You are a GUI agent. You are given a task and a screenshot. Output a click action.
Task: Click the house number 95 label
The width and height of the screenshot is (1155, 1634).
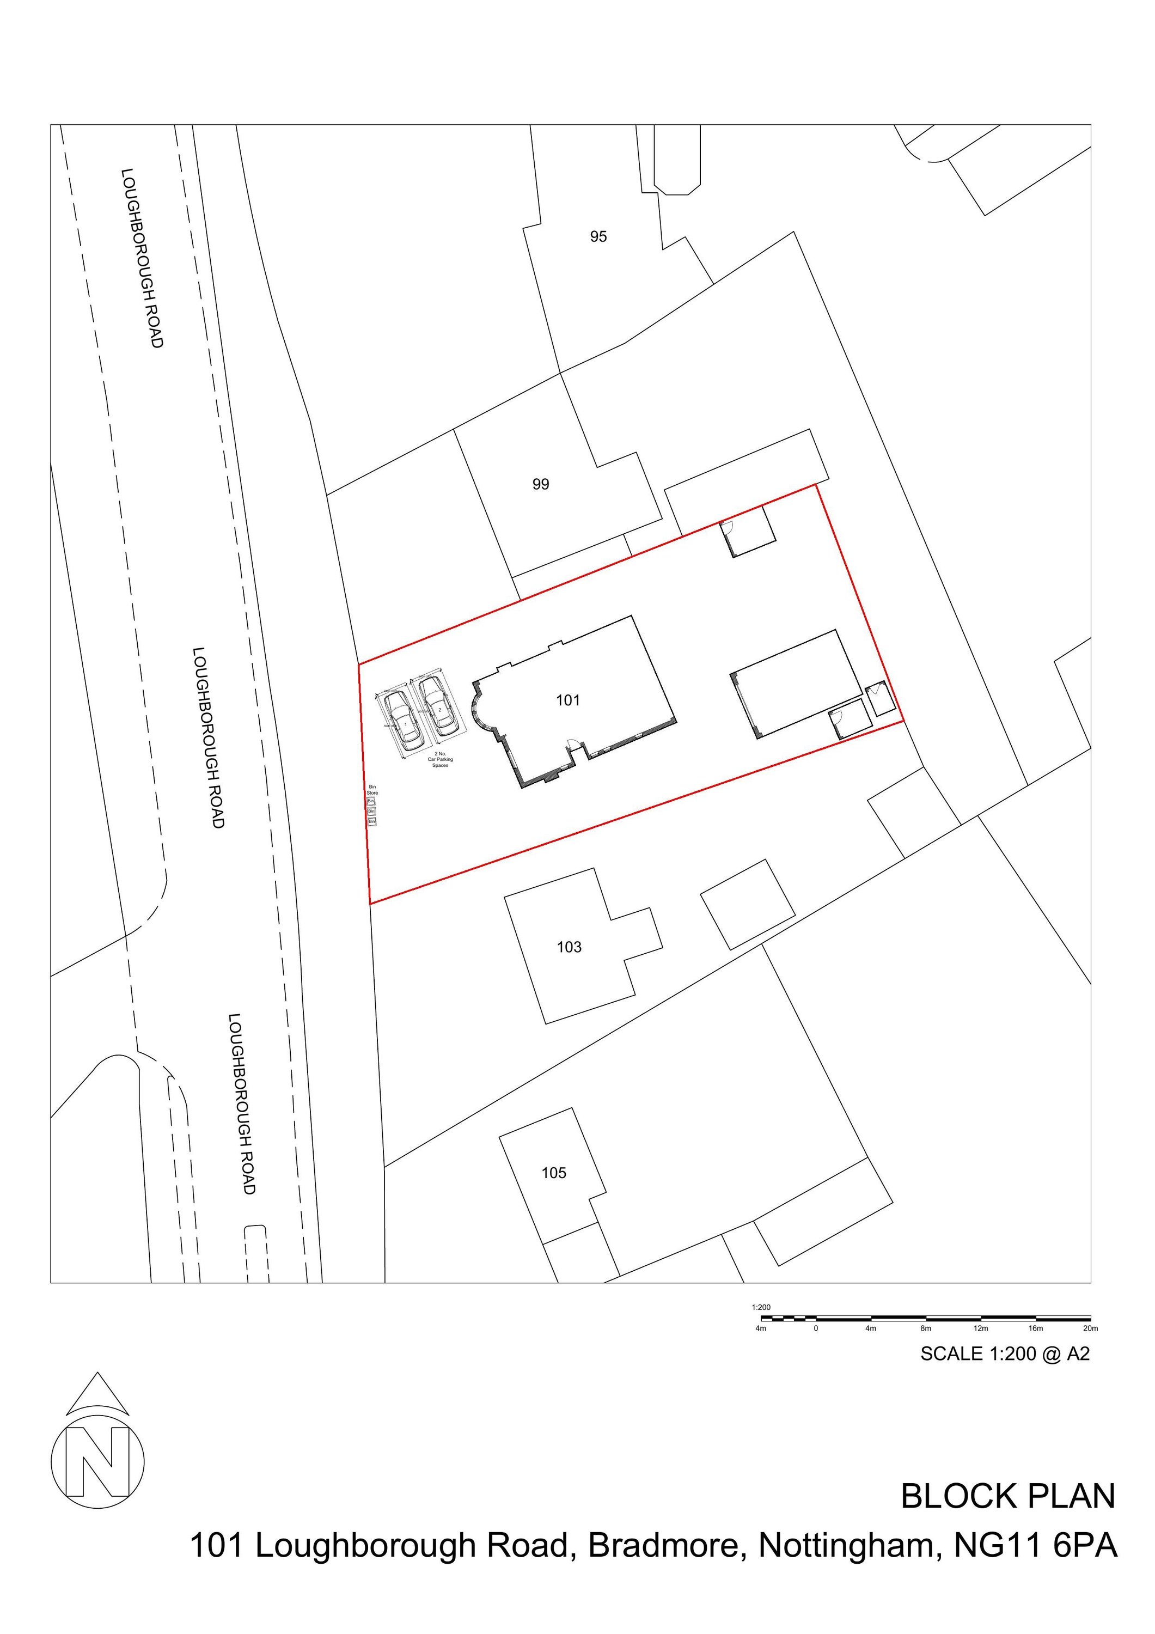(598, 236)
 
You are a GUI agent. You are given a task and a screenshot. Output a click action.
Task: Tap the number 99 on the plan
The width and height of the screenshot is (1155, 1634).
(540, 485)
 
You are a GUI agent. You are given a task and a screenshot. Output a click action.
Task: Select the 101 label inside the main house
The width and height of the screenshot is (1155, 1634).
(567, 700)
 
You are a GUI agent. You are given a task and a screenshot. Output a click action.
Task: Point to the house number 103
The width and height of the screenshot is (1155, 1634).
(569, 947)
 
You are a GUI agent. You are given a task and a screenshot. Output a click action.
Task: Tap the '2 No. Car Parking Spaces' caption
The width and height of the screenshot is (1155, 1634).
(440, 759)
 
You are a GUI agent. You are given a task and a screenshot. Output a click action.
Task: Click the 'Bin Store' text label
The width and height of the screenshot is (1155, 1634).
(372, 789)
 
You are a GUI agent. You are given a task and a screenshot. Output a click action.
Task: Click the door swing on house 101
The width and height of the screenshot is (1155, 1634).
(571, 745)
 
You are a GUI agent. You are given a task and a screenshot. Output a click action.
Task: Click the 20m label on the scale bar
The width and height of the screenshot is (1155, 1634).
(1090, 1328)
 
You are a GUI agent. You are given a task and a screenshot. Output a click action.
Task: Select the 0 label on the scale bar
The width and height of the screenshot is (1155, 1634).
(816, 1328)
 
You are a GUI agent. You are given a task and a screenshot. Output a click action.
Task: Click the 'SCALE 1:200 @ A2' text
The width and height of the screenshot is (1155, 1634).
(1004, 1353)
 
